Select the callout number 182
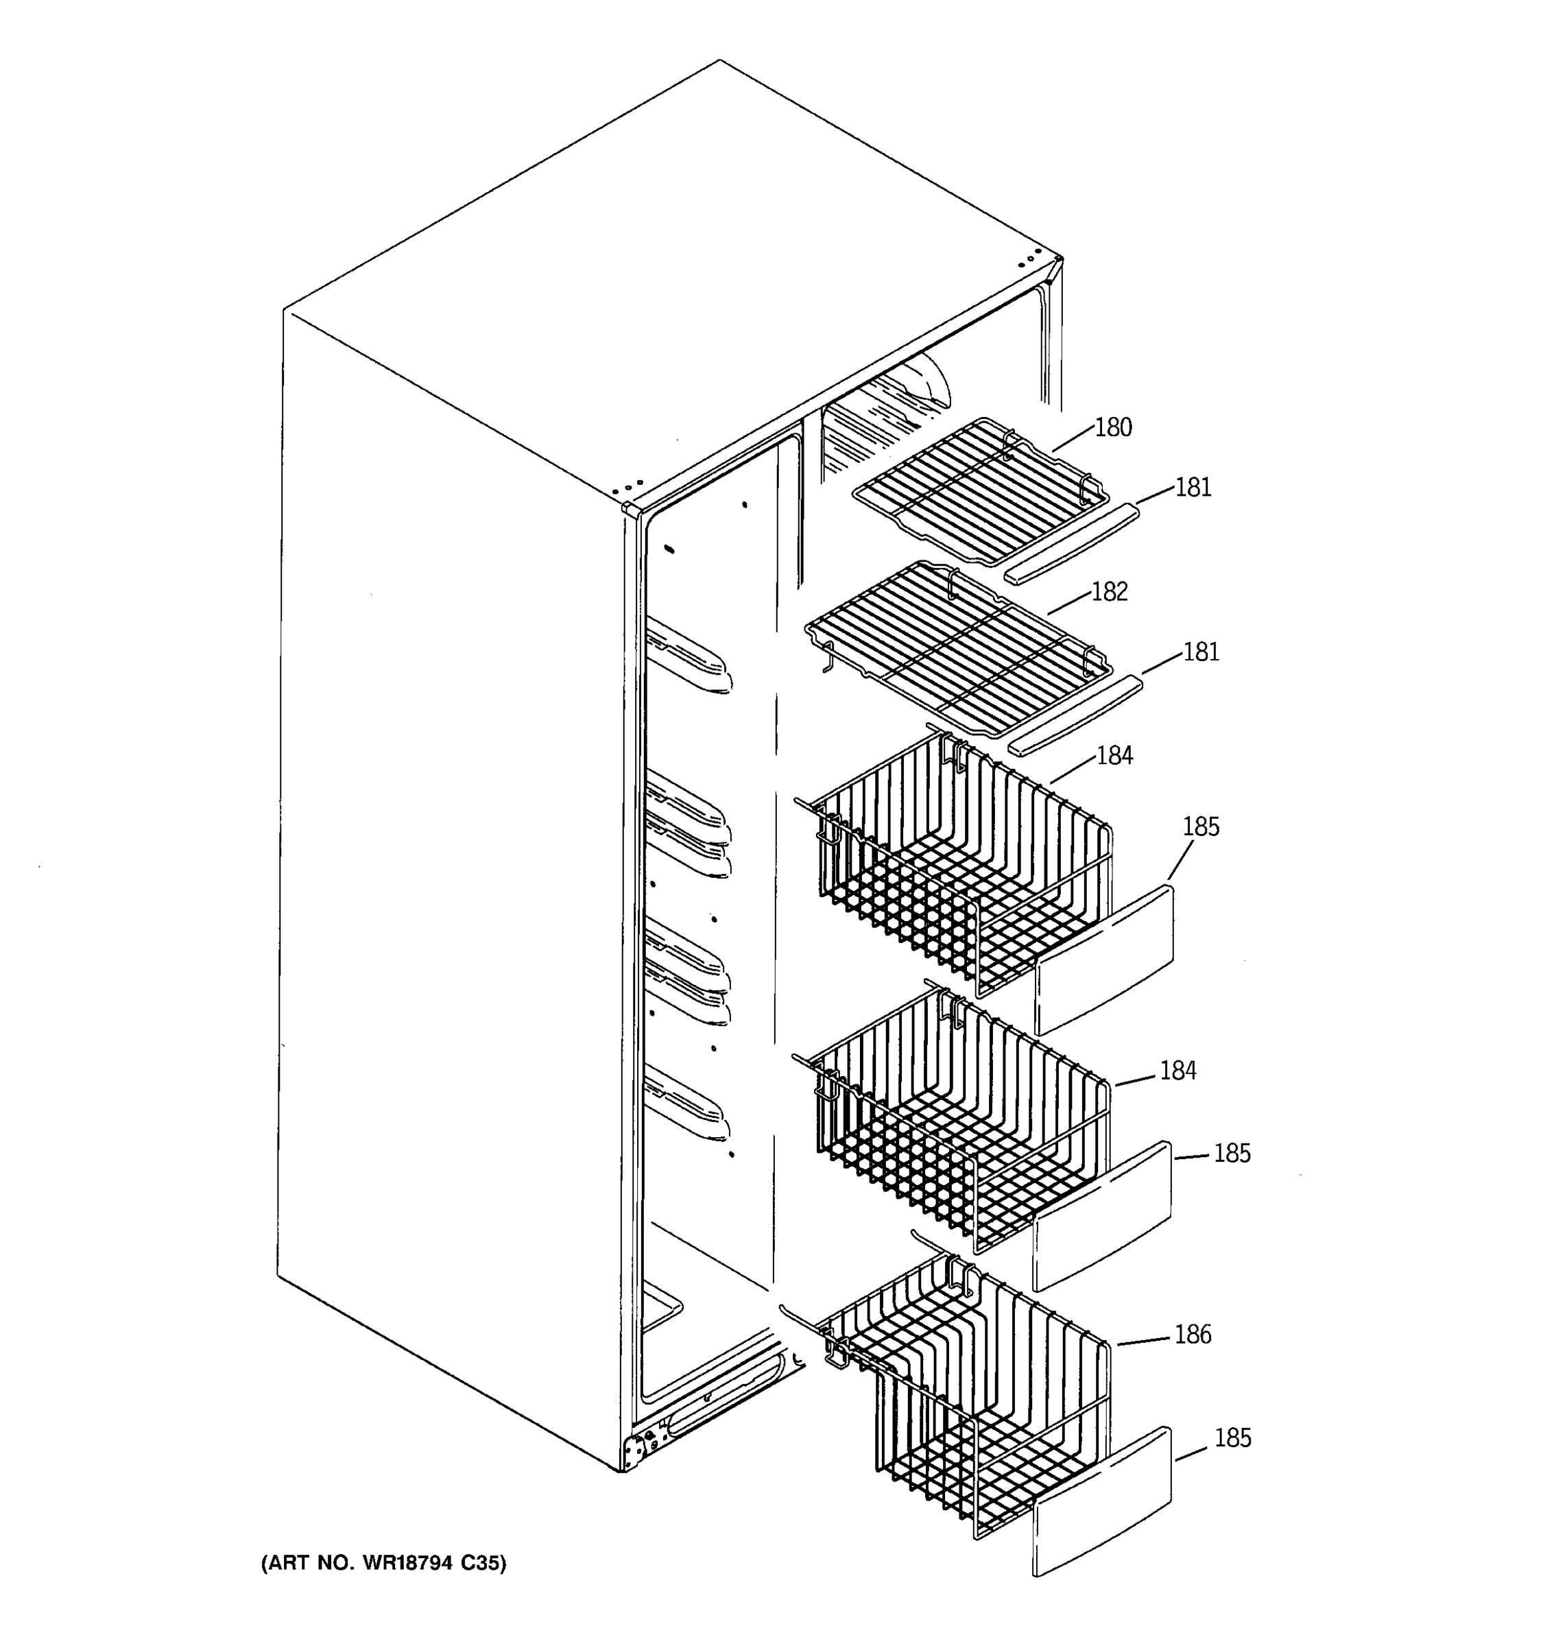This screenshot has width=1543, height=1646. click(x=1109, y=592)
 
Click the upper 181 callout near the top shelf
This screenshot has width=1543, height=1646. click(x=1193, y=488)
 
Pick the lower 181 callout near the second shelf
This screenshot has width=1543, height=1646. click(x=1201, y=652)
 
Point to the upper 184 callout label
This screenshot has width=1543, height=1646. click(x=1114, y=756)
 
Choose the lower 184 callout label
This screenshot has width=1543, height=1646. click(x=1177, y=1071)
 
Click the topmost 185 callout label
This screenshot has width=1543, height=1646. click(x=1200, y=827)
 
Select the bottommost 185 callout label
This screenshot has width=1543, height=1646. click(x=1232, y=1438)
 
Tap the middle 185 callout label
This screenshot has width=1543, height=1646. click(x=1232, y=1154)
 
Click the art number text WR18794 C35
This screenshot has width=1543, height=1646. click(x=383, y=1563)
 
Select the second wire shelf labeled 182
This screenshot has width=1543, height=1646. click(x=960, y=646)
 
